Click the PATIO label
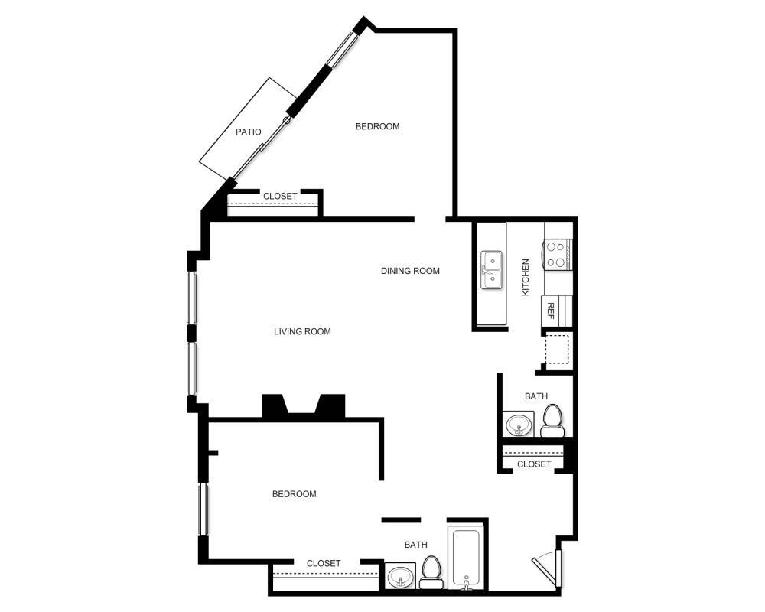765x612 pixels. [x=248, y=132]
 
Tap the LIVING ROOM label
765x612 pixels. [x=302, y=331]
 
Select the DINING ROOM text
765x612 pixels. [x=410, y=270]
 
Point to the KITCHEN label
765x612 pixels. [x=526, y=277]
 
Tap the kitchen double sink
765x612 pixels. [x=491, y=270]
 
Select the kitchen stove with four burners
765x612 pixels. [x=557, y=254]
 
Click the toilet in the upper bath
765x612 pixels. [x=552, y=420]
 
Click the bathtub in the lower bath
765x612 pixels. [x=466, y=558]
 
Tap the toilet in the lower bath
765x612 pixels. [x=431, y=572]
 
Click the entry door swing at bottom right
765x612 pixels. [x=549, y=568]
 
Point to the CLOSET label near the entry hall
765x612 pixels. [x=534, y=464]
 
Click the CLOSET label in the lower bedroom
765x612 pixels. [x=323, y=563]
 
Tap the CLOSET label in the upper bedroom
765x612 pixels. [x=280, y=197]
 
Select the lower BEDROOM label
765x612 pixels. [x=294, y=494]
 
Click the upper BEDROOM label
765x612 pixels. [x=377, y=126]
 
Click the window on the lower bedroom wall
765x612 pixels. [x=203, y=509]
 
